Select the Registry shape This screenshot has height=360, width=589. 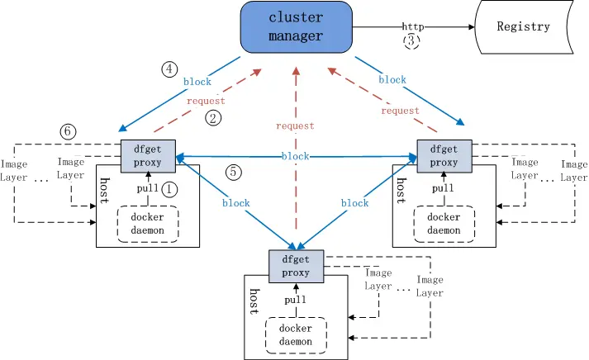pos(523,26)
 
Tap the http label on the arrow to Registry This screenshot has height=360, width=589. pos(412,26)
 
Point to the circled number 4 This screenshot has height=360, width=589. pos(169,69)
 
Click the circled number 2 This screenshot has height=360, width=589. pos(213,118)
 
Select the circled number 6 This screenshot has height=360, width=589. pos(69,130)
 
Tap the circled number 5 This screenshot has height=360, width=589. pos(235,173)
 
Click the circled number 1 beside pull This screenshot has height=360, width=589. pos(170,189)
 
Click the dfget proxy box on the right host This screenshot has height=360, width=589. pos(444,155)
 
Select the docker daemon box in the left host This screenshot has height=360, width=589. pos(149,224)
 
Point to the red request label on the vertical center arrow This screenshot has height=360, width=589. pos(296,126)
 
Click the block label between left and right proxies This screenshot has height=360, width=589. pos(296,156)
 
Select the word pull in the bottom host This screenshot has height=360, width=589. pos(296,300)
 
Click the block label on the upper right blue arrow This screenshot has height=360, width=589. pos(392,80)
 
